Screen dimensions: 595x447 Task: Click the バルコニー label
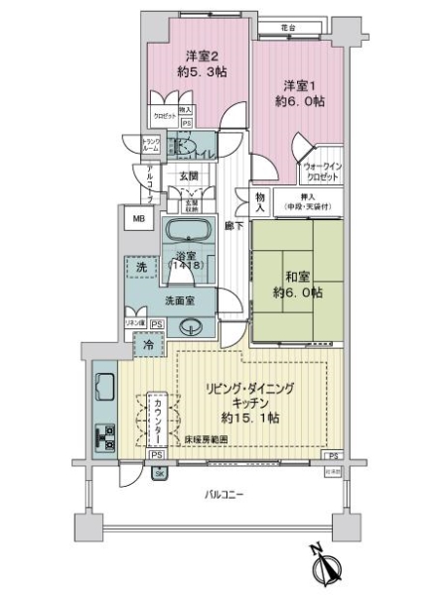coord(225,493)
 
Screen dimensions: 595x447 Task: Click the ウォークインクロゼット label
coord(320,171)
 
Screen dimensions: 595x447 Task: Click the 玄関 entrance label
coord(190,177)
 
